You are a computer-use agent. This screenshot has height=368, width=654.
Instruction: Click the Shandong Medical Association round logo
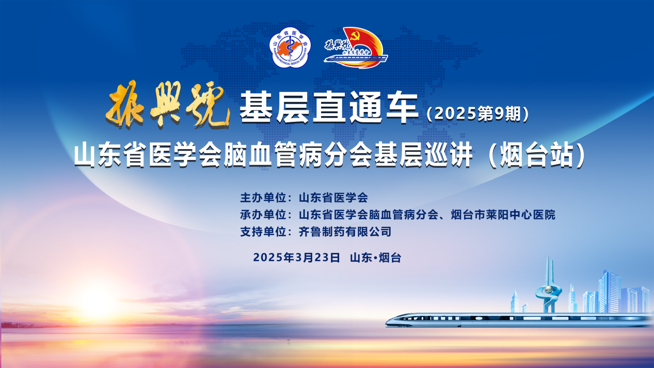click(290, 47)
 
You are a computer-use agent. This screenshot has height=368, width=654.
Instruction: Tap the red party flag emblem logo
click(356, 47)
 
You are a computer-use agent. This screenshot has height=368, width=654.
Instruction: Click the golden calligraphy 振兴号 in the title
click(168, 105)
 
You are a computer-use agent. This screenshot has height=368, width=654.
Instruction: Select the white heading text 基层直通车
click(329, 107)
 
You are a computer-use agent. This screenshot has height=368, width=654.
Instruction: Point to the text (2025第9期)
click(477, 114)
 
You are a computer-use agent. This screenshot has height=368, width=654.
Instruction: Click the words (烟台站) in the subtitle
click(537, 155)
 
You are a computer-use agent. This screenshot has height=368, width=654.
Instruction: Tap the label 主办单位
click(263, 198)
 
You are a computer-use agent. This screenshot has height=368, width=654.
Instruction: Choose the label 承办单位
click(263, 215)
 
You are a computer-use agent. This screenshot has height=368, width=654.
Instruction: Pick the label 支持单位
click(263, 232)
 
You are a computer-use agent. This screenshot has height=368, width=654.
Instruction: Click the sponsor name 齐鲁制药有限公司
click(345, 232)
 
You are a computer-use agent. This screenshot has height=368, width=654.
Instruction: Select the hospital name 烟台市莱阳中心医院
click(503, 215)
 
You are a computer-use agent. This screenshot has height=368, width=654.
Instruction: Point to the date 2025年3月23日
click(297, 258)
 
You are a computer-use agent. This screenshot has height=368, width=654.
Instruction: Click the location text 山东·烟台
click(375, 258)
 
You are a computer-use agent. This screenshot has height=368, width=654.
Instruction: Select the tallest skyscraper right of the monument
click(609, 291)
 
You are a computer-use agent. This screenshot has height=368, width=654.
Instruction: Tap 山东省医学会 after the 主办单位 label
click(333, 198)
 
